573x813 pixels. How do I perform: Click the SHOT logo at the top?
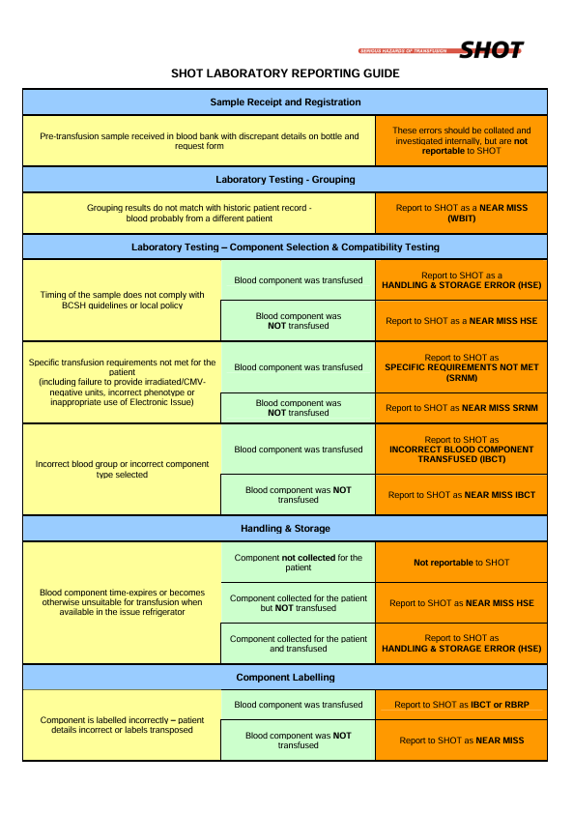441,49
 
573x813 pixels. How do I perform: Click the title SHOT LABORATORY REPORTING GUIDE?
285,73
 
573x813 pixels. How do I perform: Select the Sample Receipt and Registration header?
285,102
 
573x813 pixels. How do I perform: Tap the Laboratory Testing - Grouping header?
285,180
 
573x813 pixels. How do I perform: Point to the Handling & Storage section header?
285,529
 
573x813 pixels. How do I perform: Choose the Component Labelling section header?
285,677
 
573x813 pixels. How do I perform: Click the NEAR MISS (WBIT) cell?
461,213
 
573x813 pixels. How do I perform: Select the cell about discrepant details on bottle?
199,141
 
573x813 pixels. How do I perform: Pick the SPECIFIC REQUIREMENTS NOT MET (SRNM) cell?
461,367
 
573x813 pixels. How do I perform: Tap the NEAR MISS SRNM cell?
461,408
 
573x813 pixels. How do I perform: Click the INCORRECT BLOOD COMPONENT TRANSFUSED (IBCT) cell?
461,449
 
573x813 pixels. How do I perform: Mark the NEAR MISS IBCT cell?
461,495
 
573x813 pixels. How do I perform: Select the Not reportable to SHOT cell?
461,563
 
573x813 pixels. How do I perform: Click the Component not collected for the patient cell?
298,563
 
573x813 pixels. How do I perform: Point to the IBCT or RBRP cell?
461,705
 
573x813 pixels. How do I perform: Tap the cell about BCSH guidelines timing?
122,301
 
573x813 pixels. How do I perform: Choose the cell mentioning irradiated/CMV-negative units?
122,382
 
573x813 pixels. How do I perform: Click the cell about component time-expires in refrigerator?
122,602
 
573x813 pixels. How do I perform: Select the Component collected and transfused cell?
298,644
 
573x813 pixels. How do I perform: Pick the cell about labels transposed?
122,725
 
